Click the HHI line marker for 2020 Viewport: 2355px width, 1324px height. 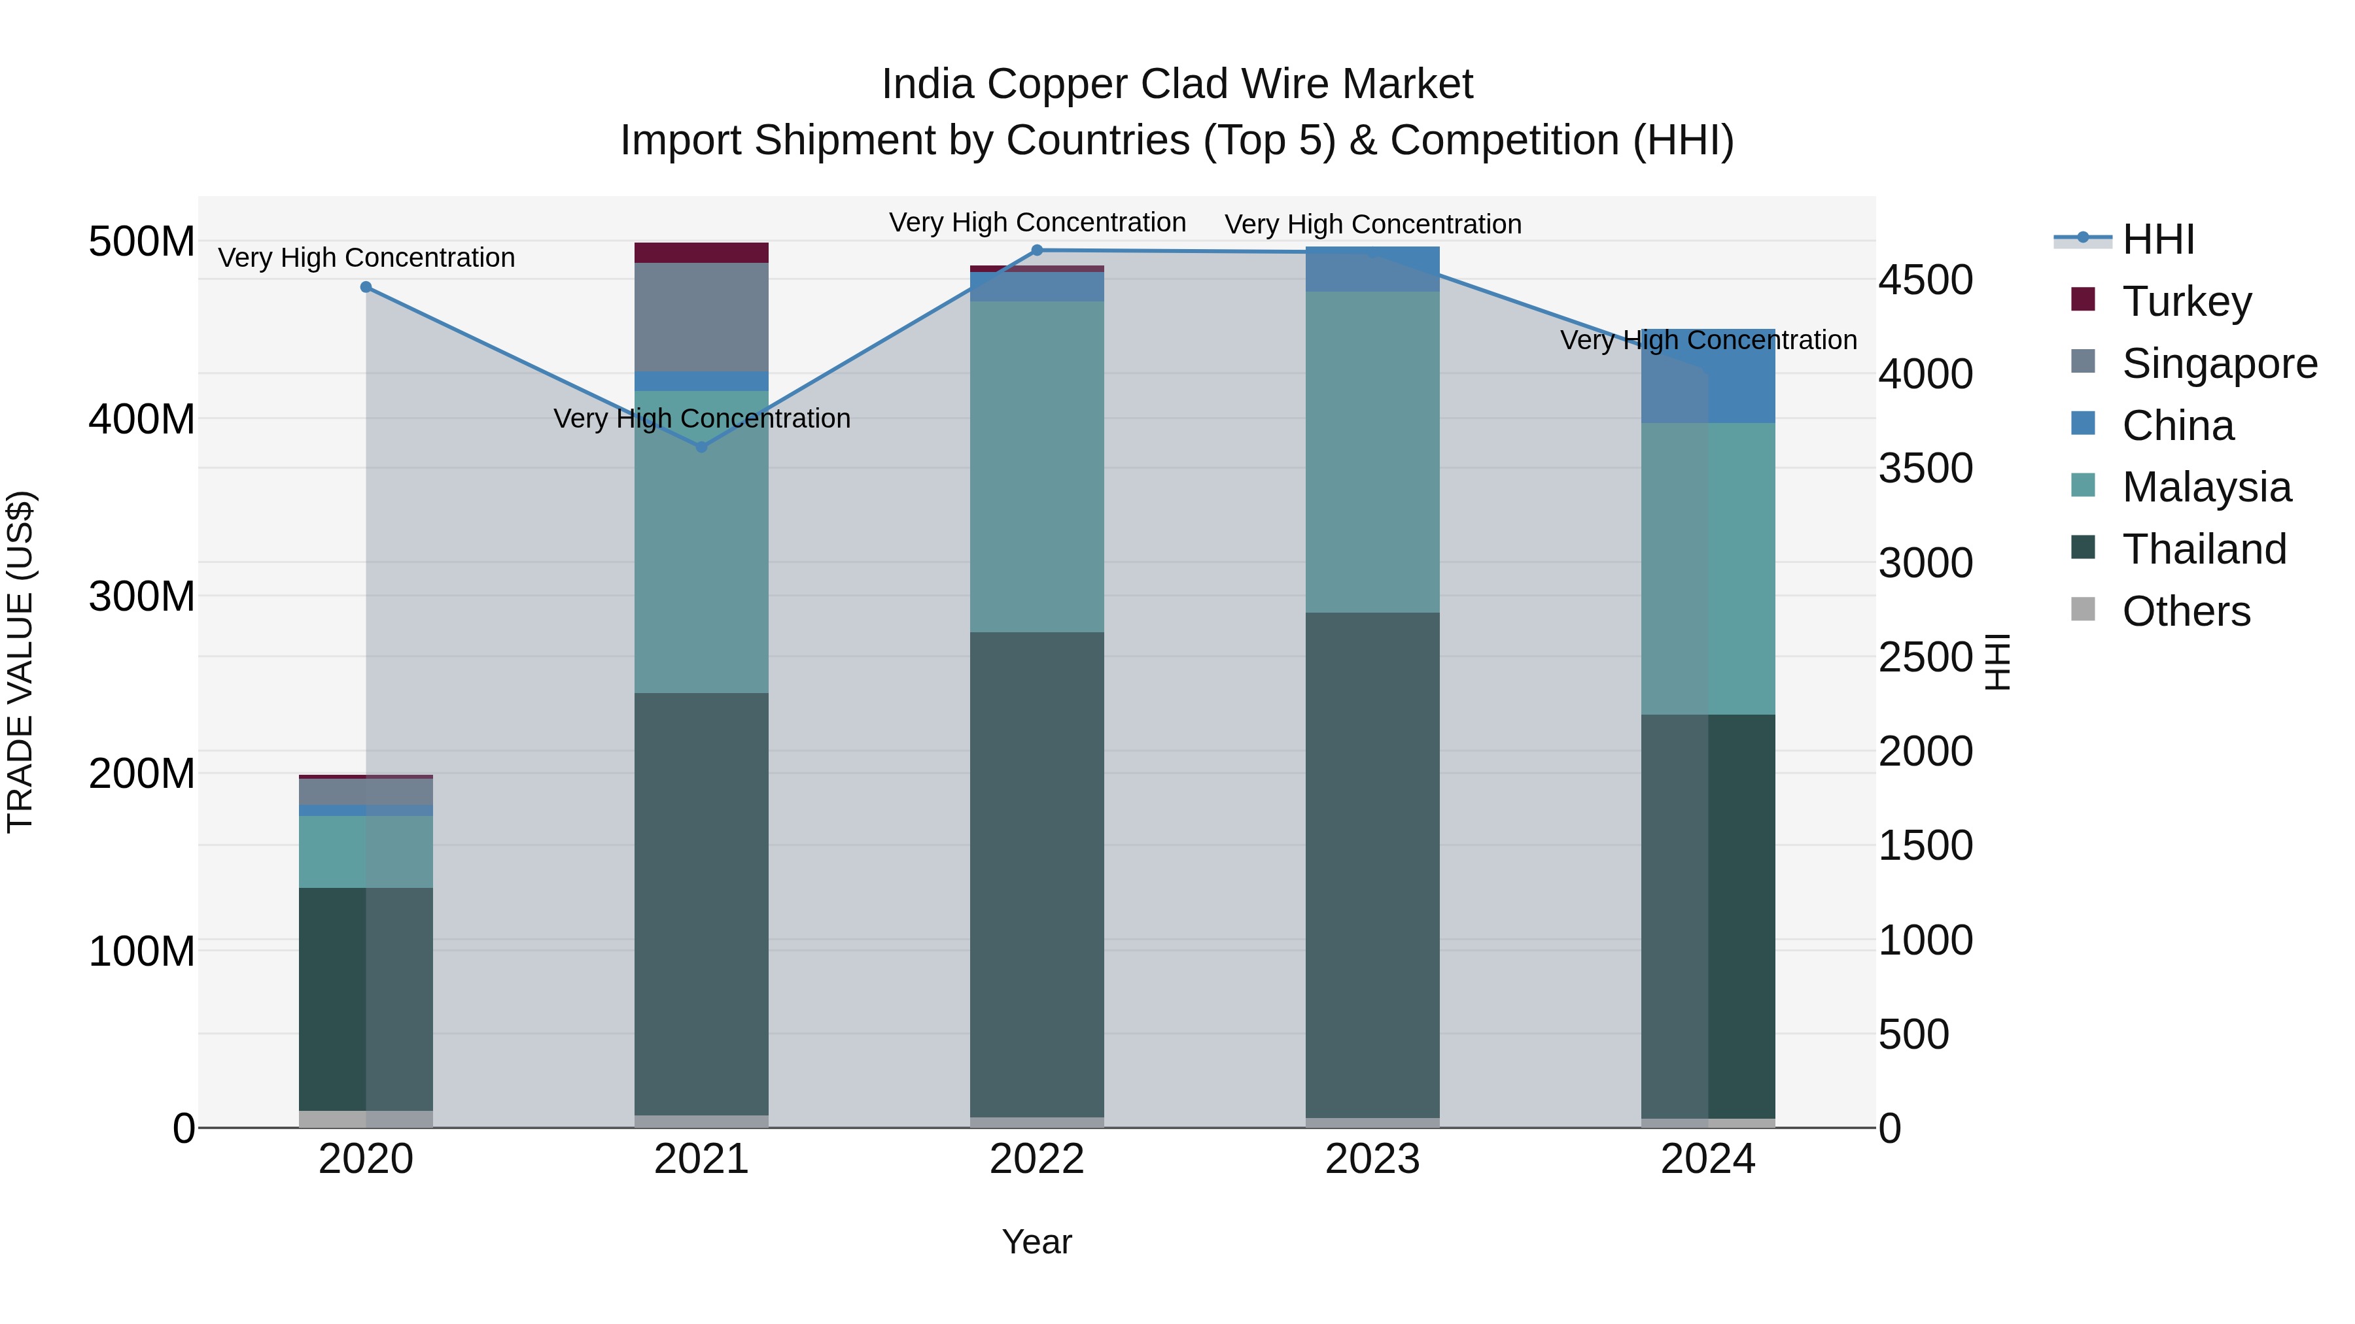click(366, 287)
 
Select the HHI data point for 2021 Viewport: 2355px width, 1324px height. click(701, 447)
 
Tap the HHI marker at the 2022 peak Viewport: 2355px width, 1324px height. click(1037, 250)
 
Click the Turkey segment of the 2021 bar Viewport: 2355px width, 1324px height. click(701, 252)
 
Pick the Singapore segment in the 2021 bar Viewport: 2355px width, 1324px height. click(701, 317)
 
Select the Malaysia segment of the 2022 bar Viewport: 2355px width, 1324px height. click(1037, 466)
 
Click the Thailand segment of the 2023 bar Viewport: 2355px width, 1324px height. click(1372, 864)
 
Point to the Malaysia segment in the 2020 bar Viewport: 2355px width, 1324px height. click(366, 851)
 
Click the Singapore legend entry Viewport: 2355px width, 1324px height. click(2219, 364)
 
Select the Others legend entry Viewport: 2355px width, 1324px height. click(2186, 611)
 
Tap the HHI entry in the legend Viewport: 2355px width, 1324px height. click(2157, 239)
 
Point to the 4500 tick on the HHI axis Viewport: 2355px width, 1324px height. click(1925, 280)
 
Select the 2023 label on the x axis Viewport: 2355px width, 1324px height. click(1372, 1159)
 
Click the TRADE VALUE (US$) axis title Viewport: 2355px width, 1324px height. click(20, 662)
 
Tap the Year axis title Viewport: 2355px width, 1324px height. click(1037, 1242)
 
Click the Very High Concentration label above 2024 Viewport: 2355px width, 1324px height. click(1708, 340)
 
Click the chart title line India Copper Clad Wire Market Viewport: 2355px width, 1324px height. click(1177, 84)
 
